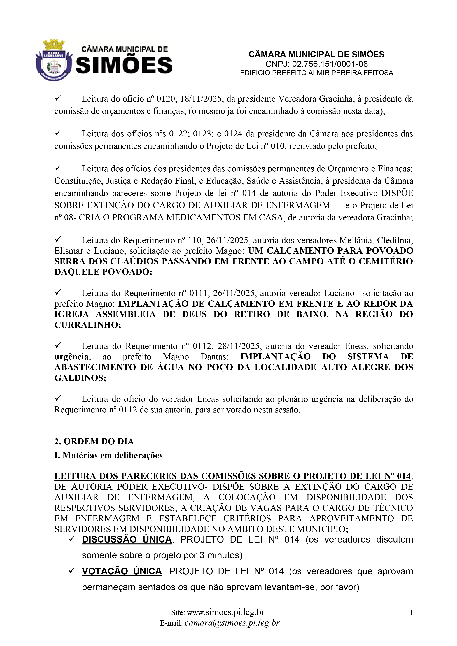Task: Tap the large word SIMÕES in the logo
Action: click(124, 65)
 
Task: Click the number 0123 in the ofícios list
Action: click(202, 134)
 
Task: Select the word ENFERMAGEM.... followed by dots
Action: click(302, 205)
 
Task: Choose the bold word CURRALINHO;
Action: click(87, 325)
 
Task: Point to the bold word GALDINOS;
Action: click(80, 378)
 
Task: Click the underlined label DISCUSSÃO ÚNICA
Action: click(127, 539)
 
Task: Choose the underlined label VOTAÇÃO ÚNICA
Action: click(122, 571)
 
